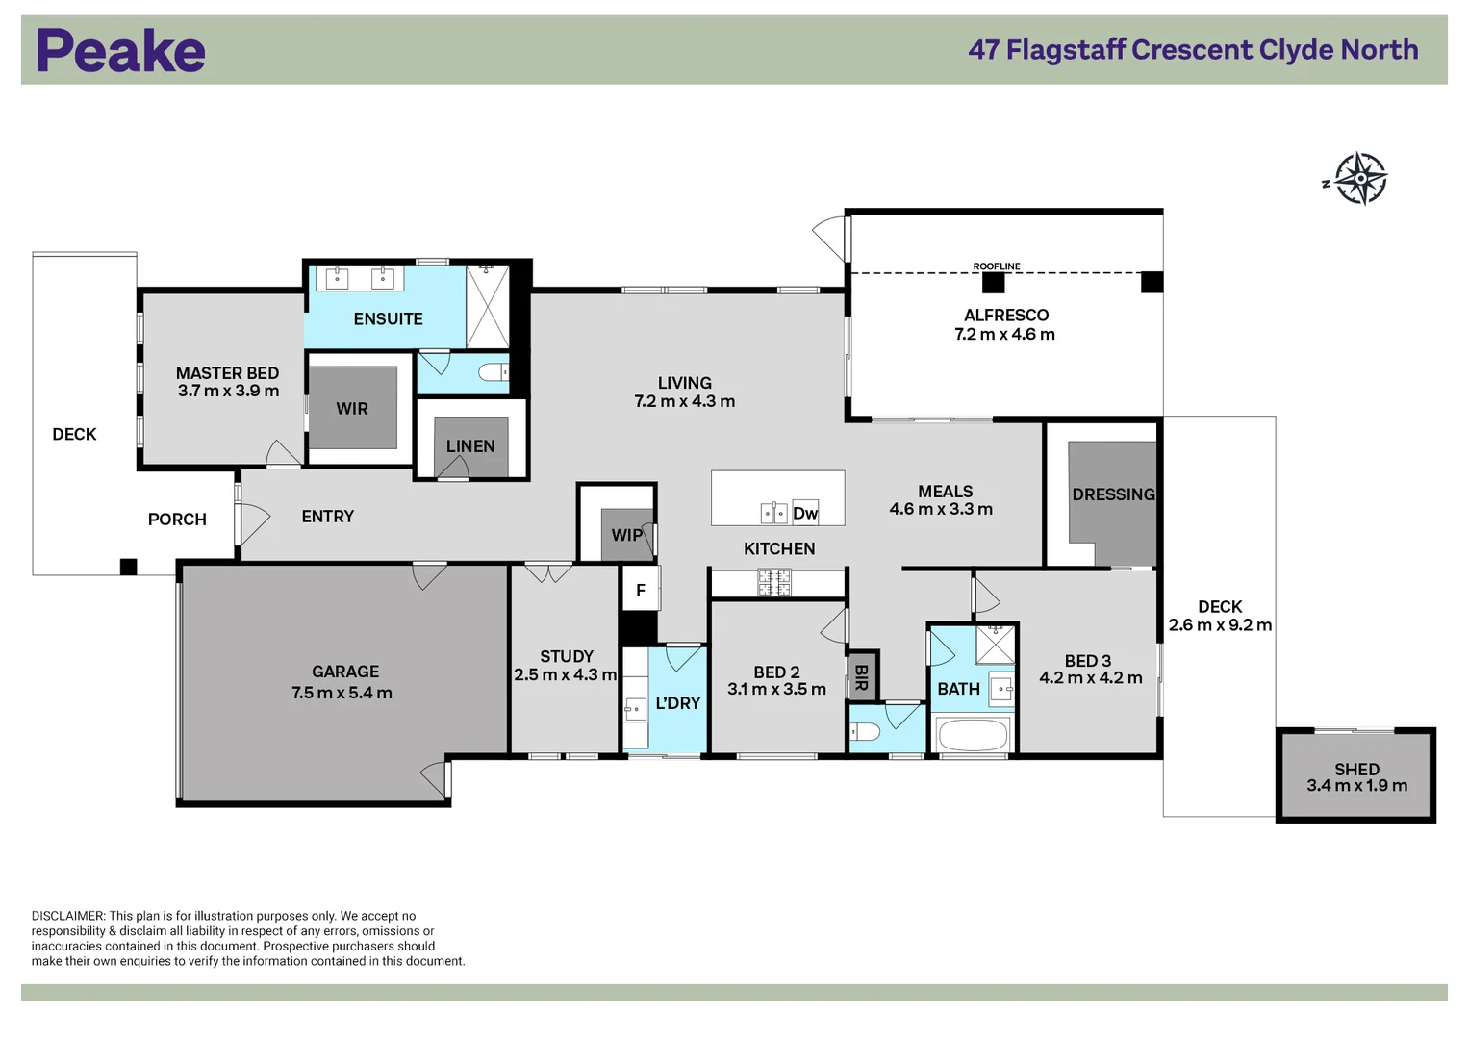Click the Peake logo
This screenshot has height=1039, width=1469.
click(120, 51)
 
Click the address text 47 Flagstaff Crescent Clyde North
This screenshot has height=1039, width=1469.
click(1193, 50)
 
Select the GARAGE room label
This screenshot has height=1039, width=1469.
click(344, 672)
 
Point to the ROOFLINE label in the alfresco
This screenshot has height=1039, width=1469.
click(996, 266)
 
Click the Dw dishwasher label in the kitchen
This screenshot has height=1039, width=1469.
click(805, 514)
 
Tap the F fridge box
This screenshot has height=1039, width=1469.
click(640, 590)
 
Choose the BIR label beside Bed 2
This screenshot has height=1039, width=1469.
click(861, 677)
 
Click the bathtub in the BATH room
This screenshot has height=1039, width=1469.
click(973, 736)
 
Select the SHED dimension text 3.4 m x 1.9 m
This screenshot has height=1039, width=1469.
click(1356, 786)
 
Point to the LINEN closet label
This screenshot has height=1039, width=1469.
click(470, 446)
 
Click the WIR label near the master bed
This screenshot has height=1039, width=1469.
click(352, 409)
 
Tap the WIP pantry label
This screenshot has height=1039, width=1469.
click(626, 535)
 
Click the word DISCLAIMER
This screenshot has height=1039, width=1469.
click(67, 916)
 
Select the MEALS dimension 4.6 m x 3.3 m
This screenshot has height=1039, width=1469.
click(941, 510)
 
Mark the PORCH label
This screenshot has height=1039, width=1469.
click(177, 519)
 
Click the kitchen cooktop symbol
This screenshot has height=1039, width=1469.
click(774, 582)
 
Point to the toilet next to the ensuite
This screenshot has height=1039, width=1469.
click(494, 372)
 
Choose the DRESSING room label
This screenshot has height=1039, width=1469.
click(1113, 494)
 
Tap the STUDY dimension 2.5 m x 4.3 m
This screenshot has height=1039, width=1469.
click(565, 675)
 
